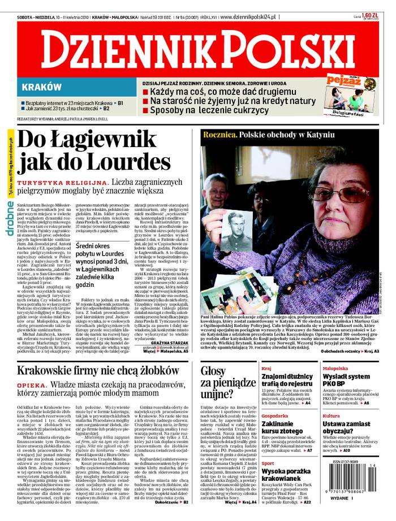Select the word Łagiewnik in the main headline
coord(113,138)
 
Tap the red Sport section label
coord(268,463)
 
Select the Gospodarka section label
coord(275,416)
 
